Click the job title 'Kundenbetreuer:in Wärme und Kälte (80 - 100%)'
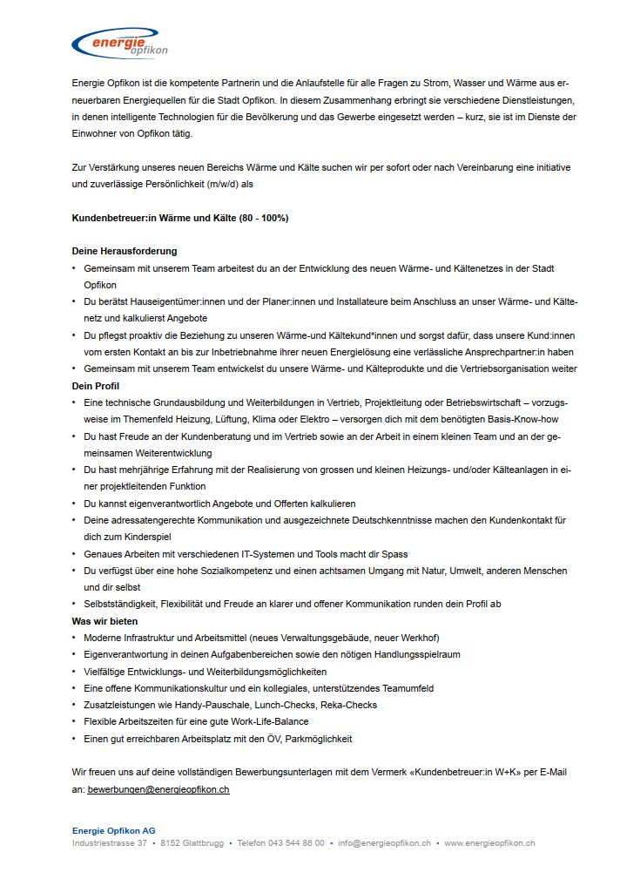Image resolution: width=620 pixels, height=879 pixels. [180, 218]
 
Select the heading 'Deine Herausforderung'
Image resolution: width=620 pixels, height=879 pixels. [125, 251]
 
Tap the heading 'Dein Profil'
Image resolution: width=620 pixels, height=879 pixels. [96, 385]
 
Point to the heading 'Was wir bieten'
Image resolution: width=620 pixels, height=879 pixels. [104, 621]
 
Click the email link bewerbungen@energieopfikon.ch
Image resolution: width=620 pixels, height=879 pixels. [158, 789]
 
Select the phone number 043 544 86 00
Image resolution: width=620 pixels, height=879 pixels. [295, 843]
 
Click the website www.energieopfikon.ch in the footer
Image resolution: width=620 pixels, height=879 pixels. [489, 843]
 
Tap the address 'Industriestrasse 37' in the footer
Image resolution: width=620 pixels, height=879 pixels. [110, 843]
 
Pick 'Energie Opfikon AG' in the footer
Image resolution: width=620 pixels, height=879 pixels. [113, 830]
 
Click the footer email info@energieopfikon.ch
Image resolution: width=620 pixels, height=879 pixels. [385, 843]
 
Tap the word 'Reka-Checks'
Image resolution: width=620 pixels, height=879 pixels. [349, 705]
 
